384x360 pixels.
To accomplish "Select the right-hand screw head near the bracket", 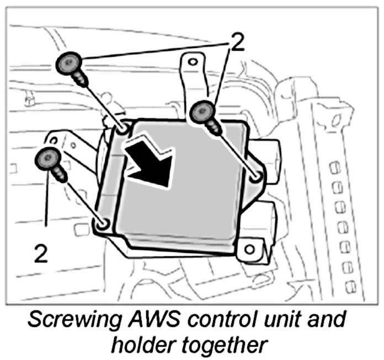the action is [202, 113].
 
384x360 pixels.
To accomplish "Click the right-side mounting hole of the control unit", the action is [255, 178].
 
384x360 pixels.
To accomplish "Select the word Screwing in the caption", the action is [76, 320].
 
